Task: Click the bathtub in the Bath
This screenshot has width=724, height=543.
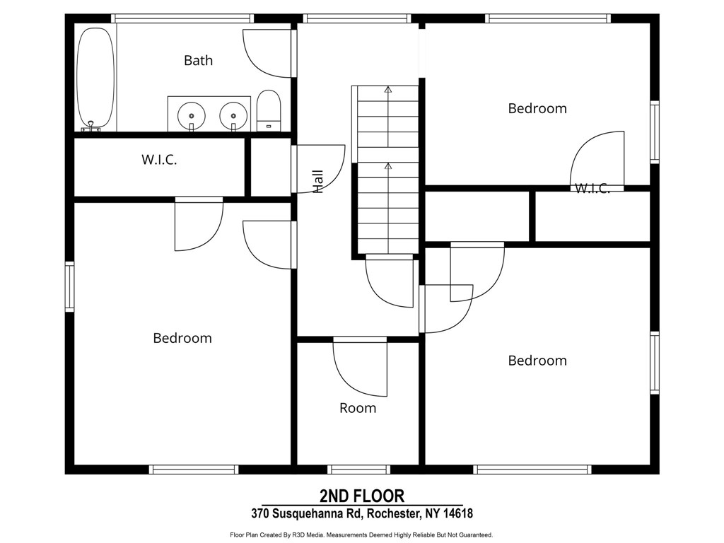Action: [x=95, y=79]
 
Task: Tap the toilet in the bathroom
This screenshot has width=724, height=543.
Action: [x=269, y=110]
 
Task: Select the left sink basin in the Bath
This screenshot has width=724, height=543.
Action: [x=191, y=115]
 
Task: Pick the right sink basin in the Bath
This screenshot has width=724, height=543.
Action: [x=233, y=115]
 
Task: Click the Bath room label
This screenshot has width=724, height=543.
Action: [x=199, y=61]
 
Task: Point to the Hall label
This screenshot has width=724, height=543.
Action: [x=317, y=182]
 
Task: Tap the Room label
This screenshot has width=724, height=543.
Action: [x=358, y=408]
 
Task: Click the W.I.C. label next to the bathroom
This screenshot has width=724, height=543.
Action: [x=159, y=160]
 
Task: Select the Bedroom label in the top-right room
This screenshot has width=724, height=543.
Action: [x=537, y=108]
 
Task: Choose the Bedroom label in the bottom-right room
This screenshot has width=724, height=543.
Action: [x=537, y=361]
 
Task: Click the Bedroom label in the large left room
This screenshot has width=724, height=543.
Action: [x=182, y=338]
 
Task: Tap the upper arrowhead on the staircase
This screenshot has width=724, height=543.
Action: [x=388, y=90]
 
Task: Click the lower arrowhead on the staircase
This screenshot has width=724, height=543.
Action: [x=388, y=166]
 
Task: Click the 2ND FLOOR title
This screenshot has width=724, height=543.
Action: [x=362, y=496]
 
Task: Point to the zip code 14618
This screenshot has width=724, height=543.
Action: [x=458, y=513]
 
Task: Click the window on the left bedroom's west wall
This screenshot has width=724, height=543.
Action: [x=70, y=286]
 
